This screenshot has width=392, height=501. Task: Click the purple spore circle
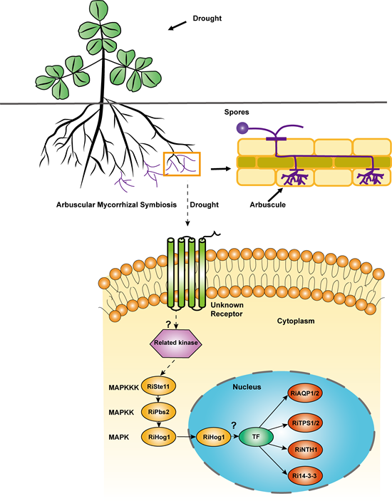click(x=242, y=128)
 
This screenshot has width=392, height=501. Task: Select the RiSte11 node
click(x=159, y=386)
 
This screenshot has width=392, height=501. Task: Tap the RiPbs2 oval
click(x=159, y=412)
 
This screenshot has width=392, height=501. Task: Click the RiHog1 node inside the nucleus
click(x=214, y=437)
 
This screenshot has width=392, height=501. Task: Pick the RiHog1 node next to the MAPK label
click(x=159, y=437)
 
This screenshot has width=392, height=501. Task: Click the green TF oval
click(x=256, y=436)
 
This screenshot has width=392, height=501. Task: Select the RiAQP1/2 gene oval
click(x=305, y=393)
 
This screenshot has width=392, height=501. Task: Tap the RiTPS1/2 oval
click(x=305, y=423)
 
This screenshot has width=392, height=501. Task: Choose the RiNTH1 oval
click(x=305, y=450)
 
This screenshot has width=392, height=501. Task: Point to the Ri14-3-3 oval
click(x=305, y=476)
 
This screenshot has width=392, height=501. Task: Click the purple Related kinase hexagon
click(x=176, y=343)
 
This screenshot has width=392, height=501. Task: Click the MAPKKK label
click(x=123, y=388)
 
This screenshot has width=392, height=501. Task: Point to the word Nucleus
click(x=247, y=387)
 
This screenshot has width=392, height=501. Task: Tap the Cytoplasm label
click(x=296, y=321)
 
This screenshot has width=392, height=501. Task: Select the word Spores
click(x=237, y=112)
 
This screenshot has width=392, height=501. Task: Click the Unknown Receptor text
click(x=227, y=309)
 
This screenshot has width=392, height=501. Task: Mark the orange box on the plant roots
click(x=182, y=164)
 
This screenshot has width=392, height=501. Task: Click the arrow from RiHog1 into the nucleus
click(x=186, y=437)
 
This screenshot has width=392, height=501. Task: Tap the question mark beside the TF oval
click(x=234, y=425)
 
